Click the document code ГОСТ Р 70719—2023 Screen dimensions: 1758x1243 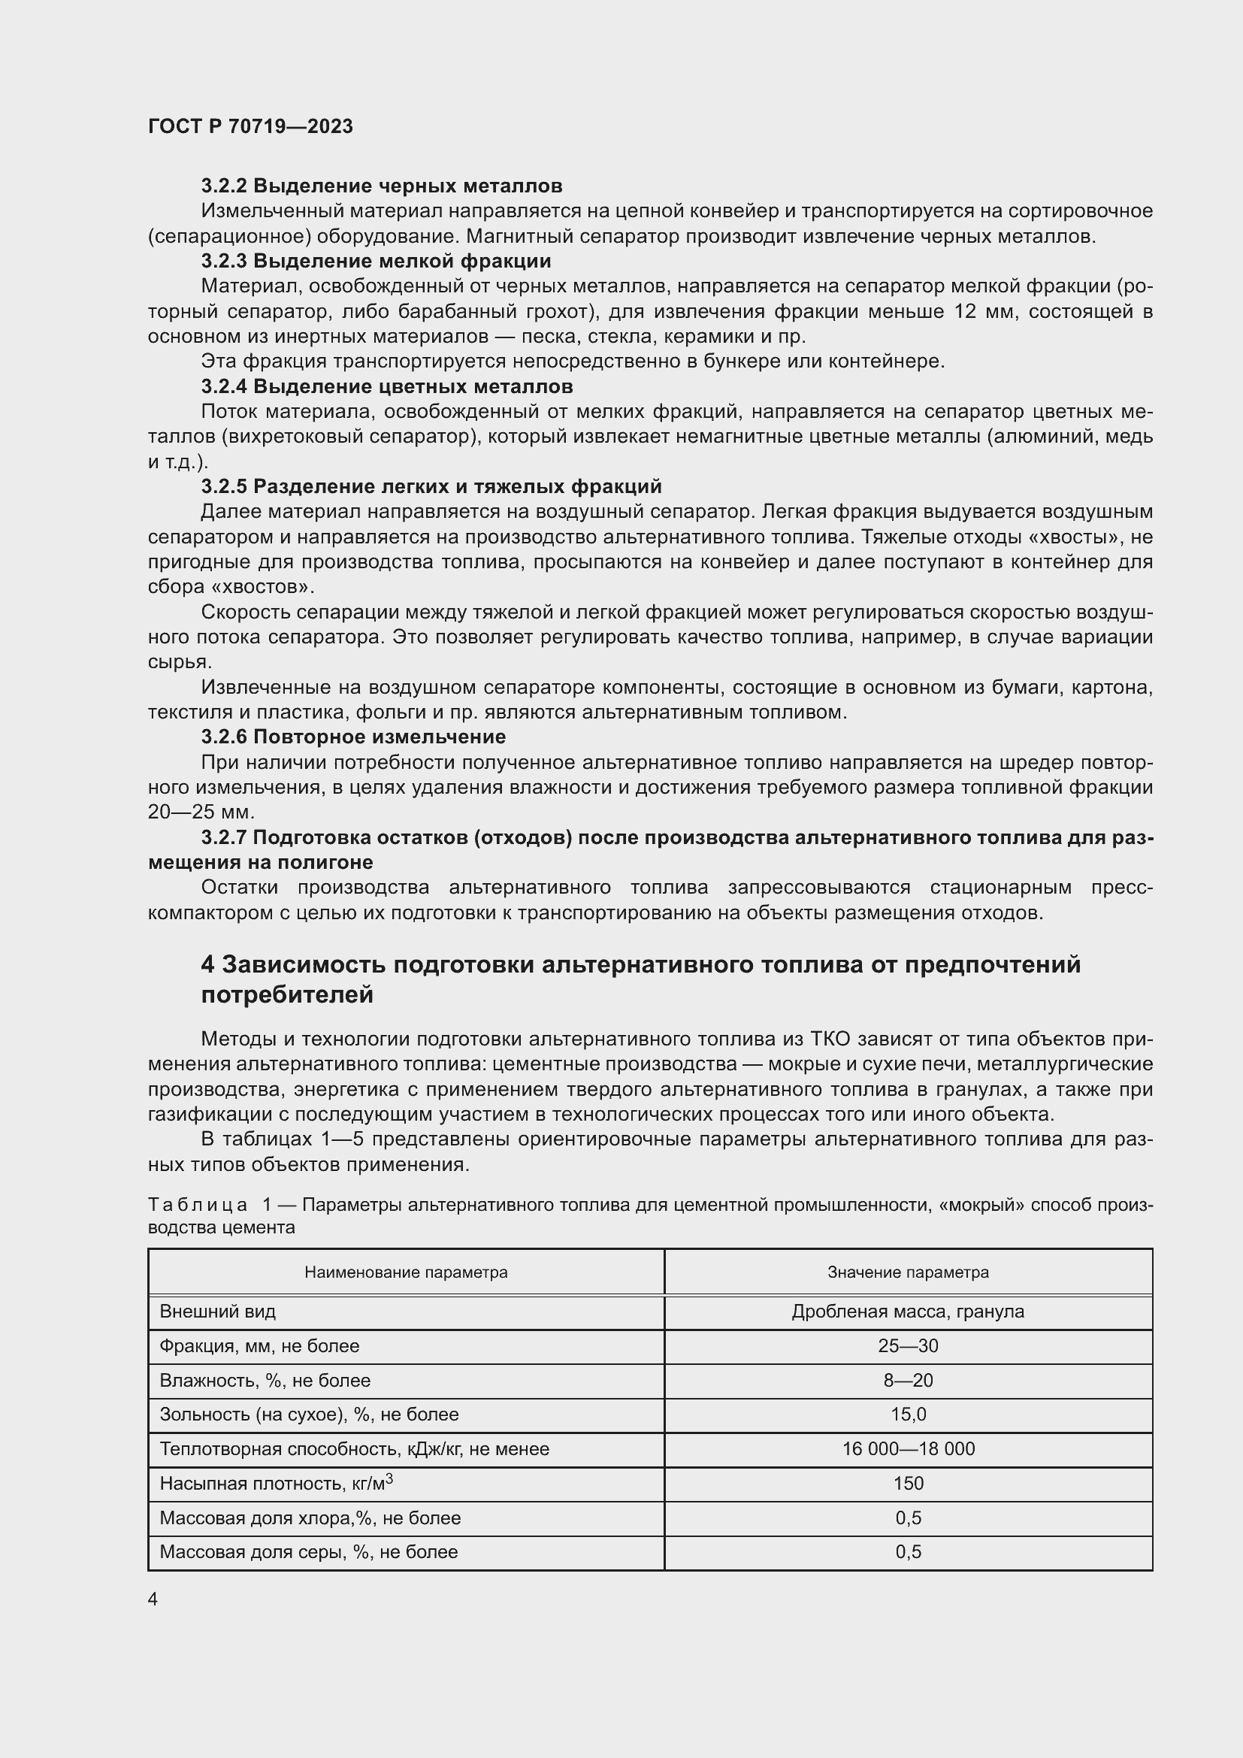click(250, 126)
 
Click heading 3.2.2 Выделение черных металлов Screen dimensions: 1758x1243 click(381, 186)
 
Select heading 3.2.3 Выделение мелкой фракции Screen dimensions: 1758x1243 click(376, 261)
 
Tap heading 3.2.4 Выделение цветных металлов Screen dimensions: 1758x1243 click(386, 386)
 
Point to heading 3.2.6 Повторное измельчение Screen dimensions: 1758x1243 click(353, 737)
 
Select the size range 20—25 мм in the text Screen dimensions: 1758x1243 click(201, 812)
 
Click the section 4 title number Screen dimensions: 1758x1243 click(207, 965)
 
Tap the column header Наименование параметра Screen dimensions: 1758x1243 click(406, 1272)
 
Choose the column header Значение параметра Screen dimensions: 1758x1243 click(908, 1272)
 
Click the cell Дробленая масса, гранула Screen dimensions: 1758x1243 click(908, 1312)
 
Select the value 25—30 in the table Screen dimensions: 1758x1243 click(908, 1346)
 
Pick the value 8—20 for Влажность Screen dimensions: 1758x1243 click(908, 1381)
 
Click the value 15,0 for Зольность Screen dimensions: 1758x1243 click(908, 1415)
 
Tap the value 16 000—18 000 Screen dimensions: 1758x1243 click(908, 1448)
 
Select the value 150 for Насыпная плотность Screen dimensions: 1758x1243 click(908, 1483)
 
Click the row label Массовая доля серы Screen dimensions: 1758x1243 click(308, 1552)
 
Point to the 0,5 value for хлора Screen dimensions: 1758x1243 click(908, 1517)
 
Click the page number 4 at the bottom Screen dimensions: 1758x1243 click(153, 1599)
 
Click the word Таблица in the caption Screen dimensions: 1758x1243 click(198, 1205)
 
